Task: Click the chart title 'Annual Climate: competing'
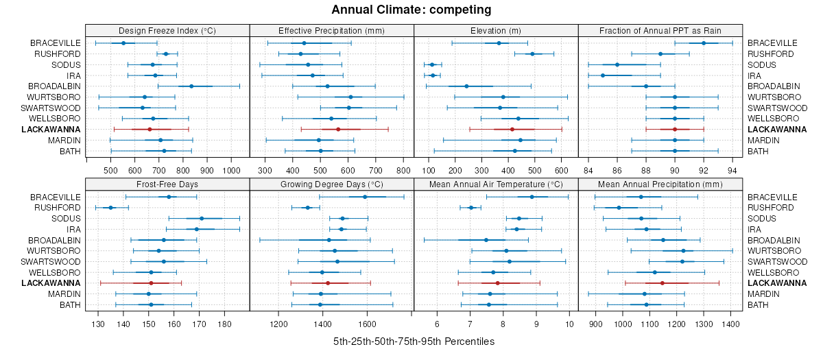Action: click(x=411, y=10)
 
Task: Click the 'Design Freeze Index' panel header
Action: click(x=167, y=30)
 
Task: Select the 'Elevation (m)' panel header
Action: click(x=496, y=30)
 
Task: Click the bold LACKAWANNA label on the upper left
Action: click(x=51, y=130)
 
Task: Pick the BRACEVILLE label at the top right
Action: click(x=770, y=43)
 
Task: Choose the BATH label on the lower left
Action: click(x=69, y=305)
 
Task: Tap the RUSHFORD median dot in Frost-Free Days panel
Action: click(x=110, y=208)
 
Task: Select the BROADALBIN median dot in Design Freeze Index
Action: click(x=191, y=86)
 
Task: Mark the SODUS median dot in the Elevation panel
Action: click(x=432, y=64)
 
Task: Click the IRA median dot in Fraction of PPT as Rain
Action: click(x=603, y=75)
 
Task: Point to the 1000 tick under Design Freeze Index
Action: click(x=230, y=170)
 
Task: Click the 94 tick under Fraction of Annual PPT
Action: click(x=732, y=170)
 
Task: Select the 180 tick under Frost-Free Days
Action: click(x=224, y=324)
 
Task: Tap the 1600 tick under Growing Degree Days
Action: click(x=367, y=324)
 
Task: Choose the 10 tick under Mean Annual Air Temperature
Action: click(x=569, y=324)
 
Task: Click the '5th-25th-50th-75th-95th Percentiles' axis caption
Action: click(x=414, y=341)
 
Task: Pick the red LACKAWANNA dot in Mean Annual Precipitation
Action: click(x=663, y=283)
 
